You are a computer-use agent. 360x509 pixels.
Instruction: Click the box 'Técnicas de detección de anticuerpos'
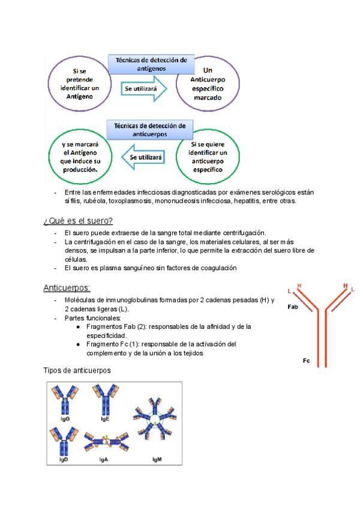151,131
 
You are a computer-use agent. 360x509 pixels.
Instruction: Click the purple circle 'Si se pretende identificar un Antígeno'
79,83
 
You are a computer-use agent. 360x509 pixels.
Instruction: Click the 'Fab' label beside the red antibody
293,306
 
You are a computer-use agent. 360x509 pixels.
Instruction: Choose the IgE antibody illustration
104,399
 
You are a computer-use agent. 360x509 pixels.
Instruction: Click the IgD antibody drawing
64,439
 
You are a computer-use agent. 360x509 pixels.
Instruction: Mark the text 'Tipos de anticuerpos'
77,370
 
